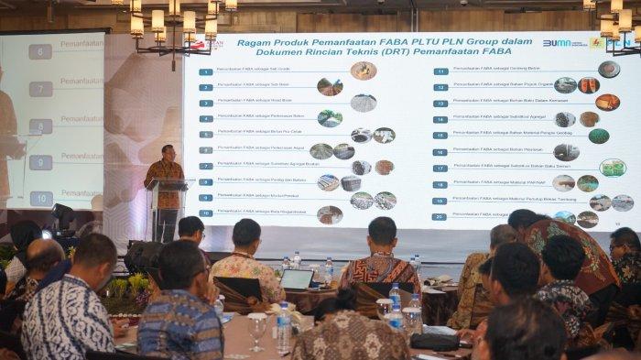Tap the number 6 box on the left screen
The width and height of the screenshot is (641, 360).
tap(40, 51)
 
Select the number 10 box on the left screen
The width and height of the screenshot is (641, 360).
tap(40, 198)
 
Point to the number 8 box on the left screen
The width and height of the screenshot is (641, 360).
tap(40, 125)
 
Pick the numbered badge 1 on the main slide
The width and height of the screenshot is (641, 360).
tap(206, 71)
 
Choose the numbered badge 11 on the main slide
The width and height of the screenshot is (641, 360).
tap(440, 71)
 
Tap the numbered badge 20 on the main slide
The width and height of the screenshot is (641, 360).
tap(440, 216)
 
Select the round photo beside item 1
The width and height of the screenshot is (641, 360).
tap(364, 71)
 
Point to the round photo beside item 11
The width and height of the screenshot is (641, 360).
tap(609, 69)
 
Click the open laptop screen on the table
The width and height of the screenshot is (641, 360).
tap(297, 278)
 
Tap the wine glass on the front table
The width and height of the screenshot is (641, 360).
tap(257, 328)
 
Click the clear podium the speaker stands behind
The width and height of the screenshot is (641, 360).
tap(168, 209)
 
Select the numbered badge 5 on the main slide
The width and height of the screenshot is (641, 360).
tap(206, 134)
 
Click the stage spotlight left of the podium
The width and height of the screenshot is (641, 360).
tap(62, 217)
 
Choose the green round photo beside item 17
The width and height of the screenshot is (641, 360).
tap(613, 168)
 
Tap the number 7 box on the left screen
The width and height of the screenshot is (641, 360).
tap(40, 89)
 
